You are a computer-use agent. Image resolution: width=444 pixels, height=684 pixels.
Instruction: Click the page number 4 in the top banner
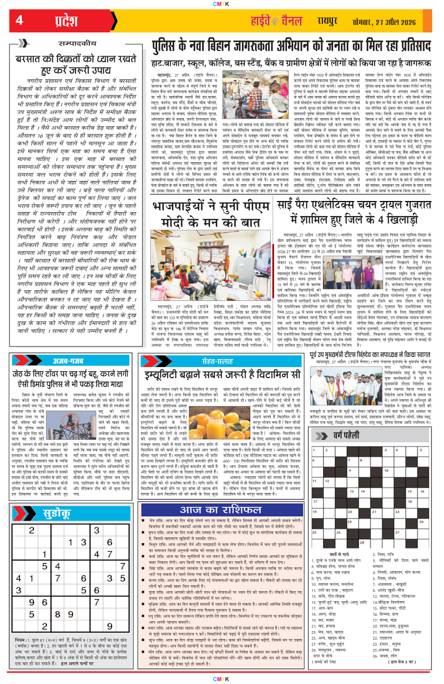coord(19,21)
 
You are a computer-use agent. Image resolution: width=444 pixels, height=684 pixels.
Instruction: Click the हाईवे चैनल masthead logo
coord(285,21)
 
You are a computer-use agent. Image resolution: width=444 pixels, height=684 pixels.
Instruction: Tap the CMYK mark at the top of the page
coord(222,4)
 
